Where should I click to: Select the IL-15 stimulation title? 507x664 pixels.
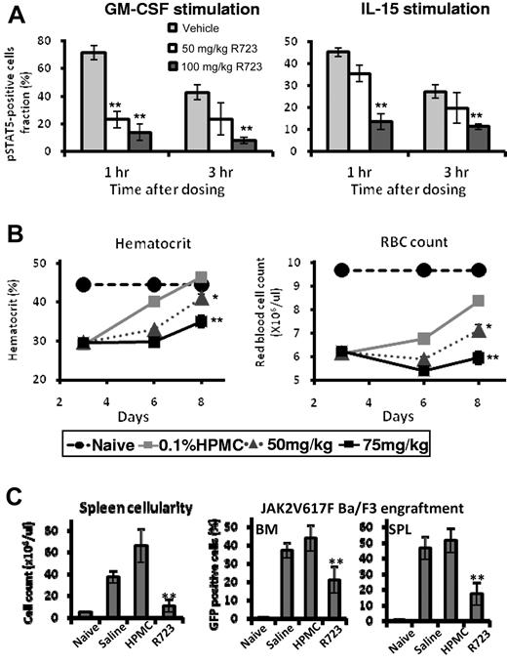(x=385, y=13)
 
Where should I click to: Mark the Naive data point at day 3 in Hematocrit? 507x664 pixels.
(x=83, y=284)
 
